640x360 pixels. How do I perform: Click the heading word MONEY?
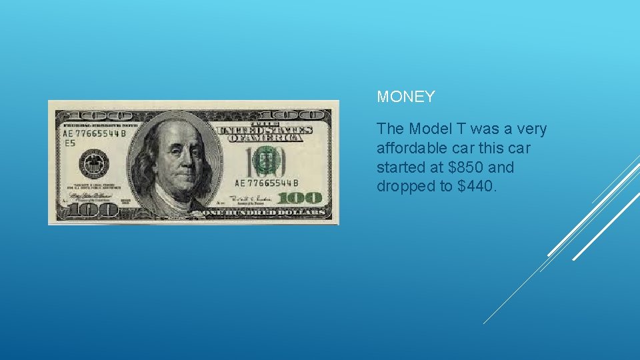[405, 97]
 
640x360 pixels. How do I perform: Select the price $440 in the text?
[477, 186]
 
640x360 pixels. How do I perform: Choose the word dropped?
[405, 186]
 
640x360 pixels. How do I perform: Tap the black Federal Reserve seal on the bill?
[93, 163]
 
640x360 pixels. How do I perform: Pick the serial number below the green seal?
[266, 183]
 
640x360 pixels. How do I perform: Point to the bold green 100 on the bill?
[300, 197]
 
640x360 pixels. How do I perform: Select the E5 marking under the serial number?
[69, 142]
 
